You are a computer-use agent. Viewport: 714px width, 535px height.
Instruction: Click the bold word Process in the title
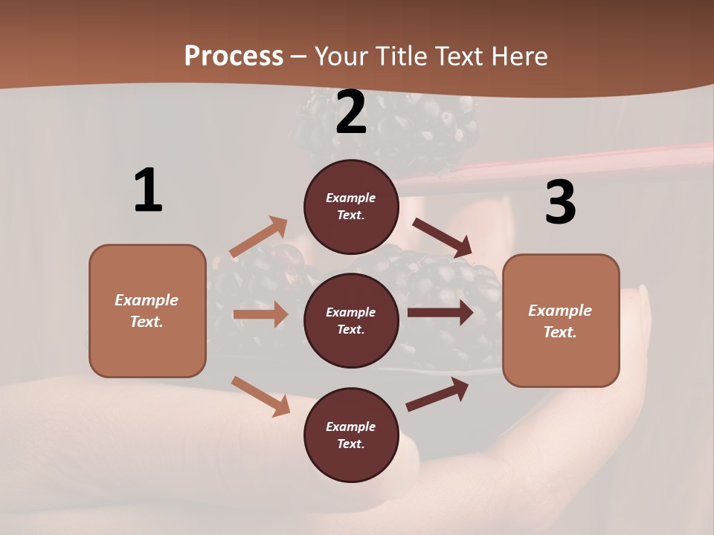[x=234, y=56]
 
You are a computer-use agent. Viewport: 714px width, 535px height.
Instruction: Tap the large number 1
[x=148, y=190]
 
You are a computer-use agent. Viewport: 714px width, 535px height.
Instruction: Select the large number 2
[x=351, y=112]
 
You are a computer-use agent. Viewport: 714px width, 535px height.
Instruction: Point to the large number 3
[x=560, y=202]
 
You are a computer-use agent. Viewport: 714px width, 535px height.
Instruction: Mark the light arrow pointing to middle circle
[x=260, y=314]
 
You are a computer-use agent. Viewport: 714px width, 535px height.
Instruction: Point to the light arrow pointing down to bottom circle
[x=261, y=395]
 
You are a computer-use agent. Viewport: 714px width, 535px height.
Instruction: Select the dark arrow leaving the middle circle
[x=440, y=313]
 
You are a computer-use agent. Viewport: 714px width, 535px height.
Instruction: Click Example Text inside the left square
[x=147, y=311]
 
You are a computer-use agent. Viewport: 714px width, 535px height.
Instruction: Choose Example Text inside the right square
[x=560, y=321]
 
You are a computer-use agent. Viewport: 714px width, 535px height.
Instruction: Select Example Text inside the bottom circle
[x=351, y=435]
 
